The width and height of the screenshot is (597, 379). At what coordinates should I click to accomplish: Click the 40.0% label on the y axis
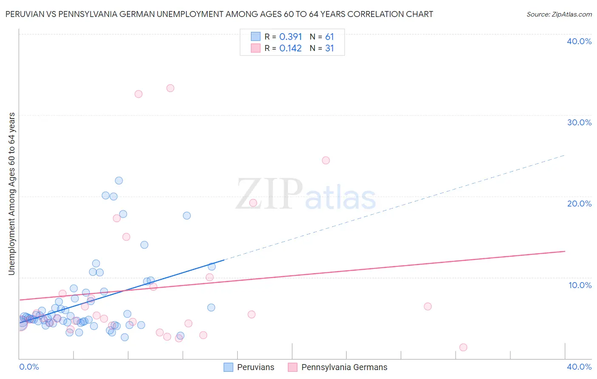[x=579, y=41]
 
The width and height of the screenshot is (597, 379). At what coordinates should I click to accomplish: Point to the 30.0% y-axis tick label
[x=579, y=122]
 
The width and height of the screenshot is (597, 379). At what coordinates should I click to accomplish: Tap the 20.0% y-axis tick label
[x=579, y=204]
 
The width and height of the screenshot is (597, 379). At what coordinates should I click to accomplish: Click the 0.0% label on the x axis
[x=29, y=367]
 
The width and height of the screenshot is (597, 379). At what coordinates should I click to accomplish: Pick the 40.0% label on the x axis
[x=579, y=367]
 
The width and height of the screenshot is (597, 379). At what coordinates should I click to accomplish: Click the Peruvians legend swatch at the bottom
[x=228, y=367]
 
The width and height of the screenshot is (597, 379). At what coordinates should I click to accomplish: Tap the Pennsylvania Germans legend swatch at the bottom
[x=293, y=367]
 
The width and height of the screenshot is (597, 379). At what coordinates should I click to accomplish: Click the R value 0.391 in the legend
[x=290, y=37]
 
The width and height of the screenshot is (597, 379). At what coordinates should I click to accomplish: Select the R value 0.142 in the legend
[x=290, y=48]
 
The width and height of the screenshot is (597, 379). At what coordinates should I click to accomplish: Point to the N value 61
[x=329, y=37]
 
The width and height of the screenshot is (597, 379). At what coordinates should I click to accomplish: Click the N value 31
[x=329, y=48]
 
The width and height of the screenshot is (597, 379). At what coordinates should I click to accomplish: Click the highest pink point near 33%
[x=170, y=88]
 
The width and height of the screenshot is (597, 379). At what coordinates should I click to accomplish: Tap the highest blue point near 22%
[x=119, y=181]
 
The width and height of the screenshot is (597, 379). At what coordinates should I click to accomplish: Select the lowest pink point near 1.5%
[x=463, y=347]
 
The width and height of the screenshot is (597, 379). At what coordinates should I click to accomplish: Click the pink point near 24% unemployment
[x=326, y=160]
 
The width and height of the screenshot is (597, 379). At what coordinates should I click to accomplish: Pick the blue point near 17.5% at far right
[x=187, y=215]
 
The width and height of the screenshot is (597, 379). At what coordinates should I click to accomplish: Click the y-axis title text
[x=12, y=194]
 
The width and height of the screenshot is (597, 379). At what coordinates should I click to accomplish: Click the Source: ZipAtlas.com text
[x=559, y=14]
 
